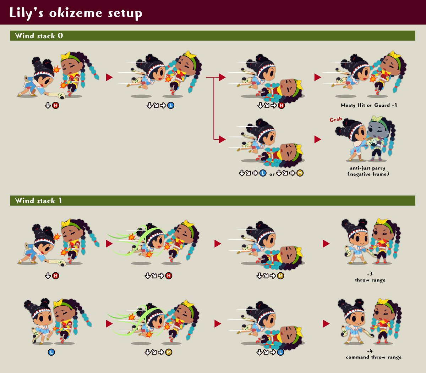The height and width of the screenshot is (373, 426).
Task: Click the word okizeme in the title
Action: point(76,13)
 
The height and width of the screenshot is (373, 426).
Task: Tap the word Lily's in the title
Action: point(26,13)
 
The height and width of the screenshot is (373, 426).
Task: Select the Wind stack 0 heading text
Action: point(39,36)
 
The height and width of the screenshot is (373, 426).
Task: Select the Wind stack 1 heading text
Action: point(38,201)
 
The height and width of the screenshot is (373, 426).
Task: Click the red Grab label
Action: point(335,119)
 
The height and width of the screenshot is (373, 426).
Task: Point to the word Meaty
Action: point(348,105)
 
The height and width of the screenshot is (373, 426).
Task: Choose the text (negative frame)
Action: point(368,174)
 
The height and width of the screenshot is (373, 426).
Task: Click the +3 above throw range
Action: point(370,274)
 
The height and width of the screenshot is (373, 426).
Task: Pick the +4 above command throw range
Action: point(370,351)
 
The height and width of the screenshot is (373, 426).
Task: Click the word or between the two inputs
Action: point(272,174)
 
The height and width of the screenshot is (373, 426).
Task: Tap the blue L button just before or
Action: point(263,173)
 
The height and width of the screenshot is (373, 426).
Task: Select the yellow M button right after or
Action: point(300,173)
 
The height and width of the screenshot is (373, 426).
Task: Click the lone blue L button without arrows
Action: point(51,352)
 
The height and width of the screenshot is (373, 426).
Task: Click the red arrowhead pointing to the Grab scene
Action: point(317,139)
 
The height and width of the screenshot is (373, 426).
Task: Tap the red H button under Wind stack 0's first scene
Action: point(55,105)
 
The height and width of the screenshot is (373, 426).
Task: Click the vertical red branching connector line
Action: point(214,108)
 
